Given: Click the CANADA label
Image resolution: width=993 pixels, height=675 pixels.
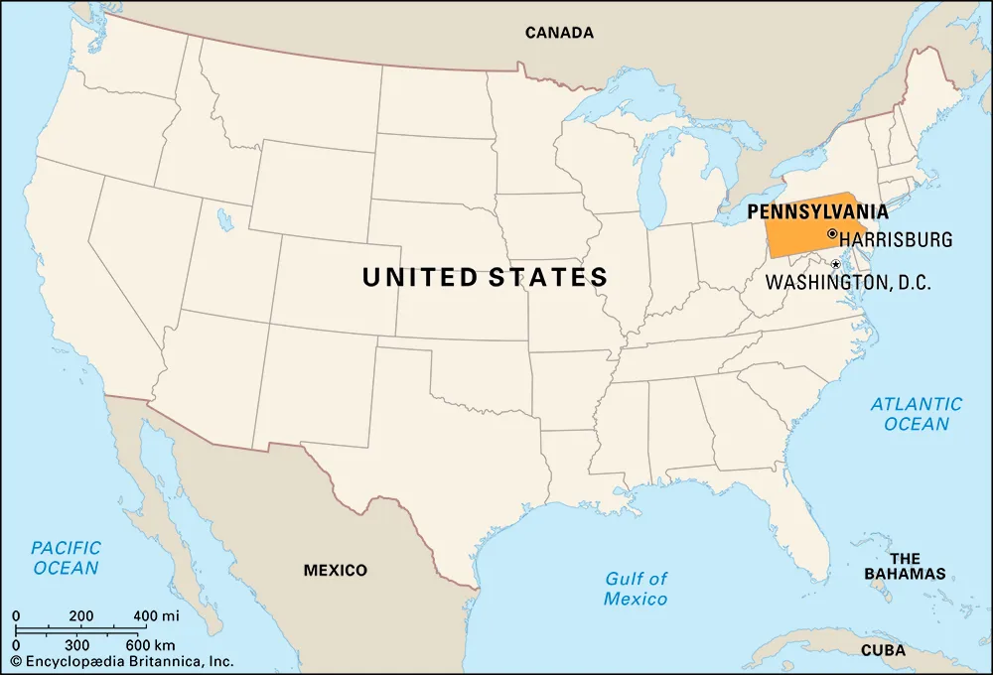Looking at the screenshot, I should coord(559,33).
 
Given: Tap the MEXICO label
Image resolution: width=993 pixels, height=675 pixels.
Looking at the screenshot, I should coord(335,570).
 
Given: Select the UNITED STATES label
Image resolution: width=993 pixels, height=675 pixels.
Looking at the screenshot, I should coord(485,277).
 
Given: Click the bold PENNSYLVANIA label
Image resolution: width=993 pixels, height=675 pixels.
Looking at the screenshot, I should coord(817,211).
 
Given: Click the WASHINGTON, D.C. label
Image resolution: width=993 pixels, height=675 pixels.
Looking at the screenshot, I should coord(847,283).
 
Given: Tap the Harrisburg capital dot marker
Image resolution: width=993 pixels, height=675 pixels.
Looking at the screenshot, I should coord(831,234).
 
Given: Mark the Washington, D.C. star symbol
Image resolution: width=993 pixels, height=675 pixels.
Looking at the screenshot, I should coord(835,264).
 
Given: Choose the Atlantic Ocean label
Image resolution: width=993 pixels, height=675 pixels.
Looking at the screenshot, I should coord(916,414).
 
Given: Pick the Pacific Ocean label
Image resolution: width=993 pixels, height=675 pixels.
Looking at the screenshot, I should coord(66,558).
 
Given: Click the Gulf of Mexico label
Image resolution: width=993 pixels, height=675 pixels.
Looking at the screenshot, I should coord(636,589).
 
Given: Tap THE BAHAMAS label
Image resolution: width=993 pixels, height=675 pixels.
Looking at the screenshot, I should coord(905,566).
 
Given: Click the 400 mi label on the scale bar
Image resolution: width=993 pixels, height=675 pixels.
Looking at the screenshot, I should coord(157,616).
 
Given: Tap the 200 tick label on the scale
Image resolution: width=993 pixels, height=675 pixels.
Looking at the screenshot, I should coord(81,616).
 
